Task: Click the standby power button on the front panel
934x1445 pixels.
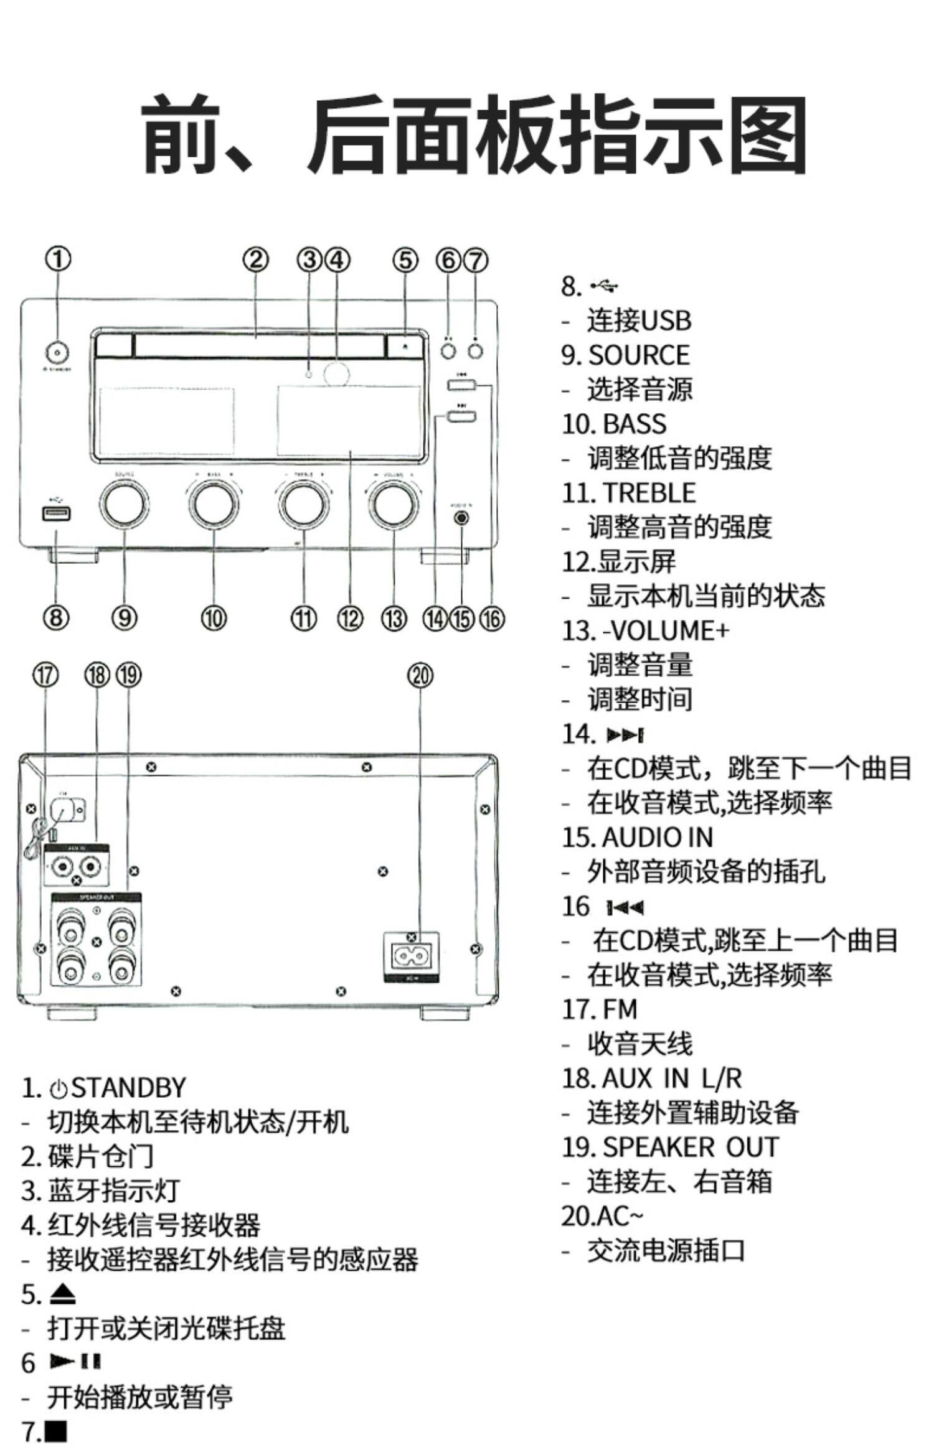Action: coord(57,352)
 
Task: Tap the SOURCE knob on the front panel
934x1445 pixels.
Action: coord(125,504)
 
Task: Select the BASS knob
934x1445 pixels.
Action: coord(214,504)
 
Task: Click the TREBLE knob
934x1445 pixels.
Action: coord(303,504)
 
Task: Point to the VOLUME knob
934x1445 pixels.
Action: coord(392,504)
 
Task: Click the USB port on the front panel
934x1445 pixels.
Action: coord(56,513)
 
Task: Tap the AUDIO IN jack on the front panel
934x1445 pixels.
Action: coord(461,517)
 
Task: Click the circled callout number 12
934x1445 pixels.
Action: coord(350,618)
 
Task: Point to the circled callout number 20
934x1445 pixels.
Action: coord(420,676)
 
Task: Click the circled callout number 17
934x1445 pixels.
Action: coord(45,676)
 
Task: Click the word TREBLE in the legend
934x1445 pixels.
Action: coord(649,493)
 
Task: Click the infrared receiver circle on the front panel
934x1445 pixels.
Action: coord(336,373)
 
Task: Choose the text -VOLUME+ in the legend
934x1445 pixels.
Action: coord(665,630)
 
